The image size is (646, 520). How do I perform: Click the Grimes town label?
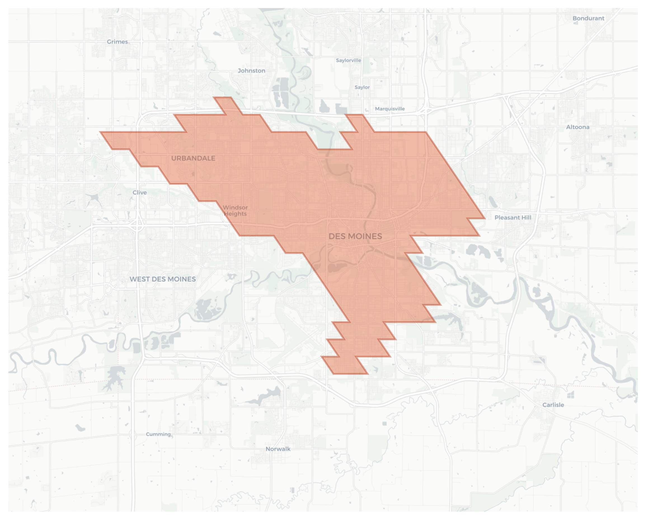118,42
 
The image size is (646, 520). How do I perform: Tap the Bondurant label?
588,18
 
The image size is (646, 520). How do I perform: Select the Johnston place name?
252,71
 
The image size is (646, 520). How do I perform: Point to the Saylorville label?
348,60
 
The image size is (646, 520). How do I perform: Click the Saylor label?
362,87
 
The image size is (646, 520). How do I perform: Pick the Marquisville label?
389,109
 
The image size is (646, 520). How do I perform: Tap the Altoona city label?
577,127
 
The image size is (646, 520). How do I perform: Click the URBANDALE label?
193,158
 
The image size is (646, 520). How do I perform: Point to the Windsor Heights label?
235,210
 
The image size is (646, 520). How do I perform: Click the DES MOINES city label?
355,236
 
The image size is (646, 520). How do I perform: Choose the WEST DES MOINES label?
162,279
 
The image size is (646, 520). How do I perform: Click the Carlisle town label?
553,405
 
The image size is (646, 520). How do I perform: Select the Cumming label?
158,434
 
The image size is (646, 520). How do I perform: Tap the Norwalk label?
278,449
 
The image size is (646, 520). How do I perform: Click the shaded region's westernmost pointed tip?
100,132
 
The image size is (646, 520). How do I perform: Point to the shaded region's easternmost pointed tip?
485,218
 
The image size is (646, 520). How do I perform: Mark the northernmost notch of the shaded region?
222,98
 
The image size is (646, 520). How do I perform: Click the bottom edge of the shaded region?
351,373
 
